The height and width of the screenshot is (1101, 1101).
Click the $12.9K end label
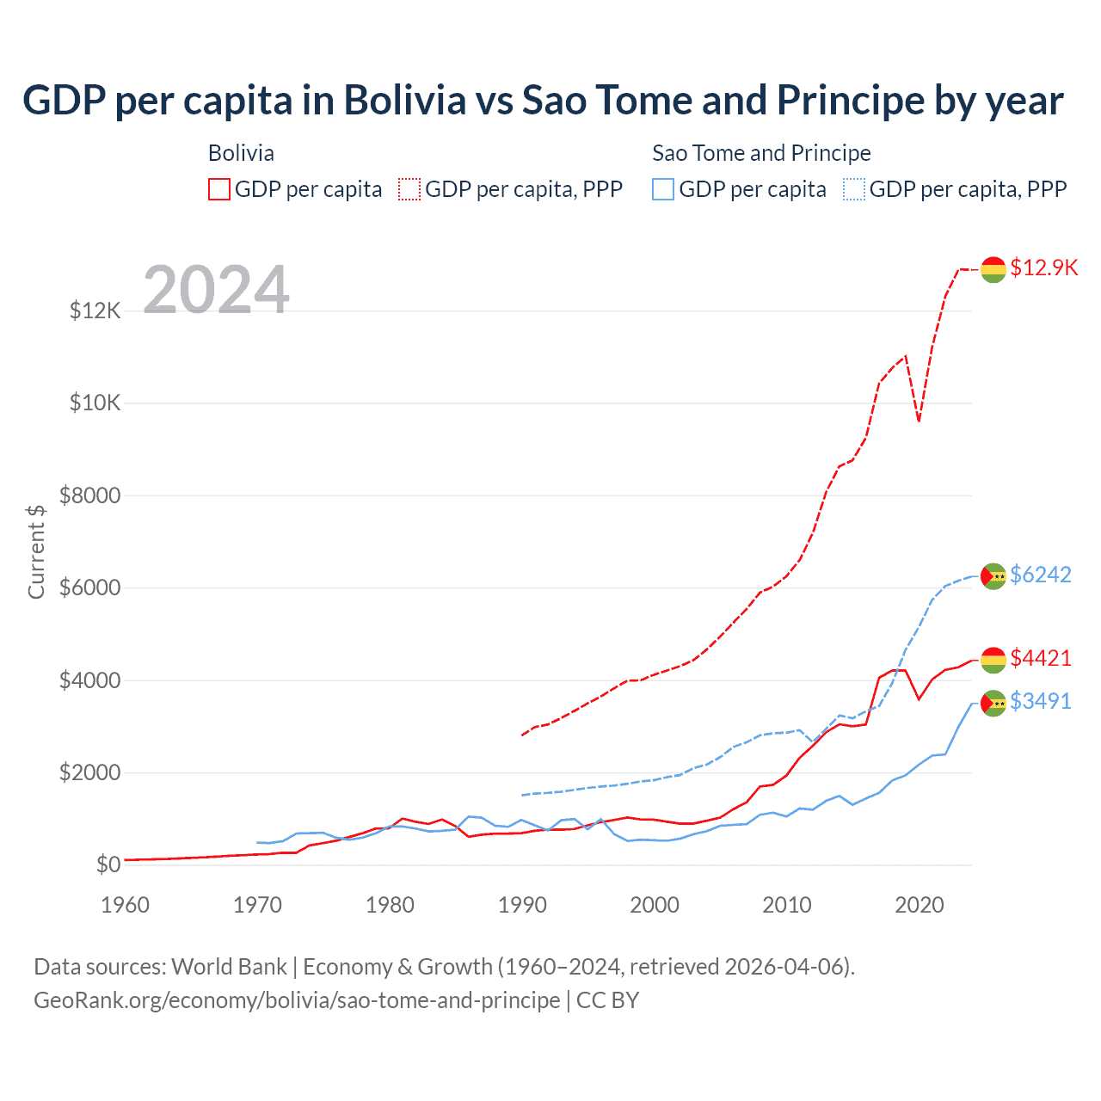1043,268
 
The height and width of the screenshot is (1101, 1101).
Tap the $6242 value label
1041,575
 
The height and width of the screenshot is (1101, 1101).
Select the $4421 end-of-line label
1041,658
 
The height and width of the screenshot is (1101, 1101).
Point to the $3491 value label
1041,701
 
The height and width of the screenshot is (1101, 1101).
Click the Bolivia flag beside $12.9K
993,269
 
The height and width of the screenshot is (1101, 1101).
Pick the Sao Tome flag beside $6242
993,576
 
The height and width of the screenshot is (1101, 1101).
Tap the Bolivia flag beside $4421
993,660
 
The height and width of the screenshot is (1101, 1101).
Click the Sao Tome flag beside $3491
993,703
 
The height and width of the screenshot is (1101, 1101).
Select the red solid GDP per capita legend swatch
219,189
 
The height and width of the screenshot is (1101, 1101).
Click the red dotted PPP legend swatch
409,189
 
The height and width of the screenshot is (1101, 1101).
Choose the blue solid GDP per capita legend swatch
663,189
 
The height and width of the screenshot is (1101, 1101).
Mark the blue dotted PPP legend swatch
854,189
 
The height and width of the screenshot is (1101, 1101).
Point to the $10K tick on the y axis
95,403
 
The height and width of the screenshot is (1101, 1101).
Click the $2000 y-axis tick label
89,772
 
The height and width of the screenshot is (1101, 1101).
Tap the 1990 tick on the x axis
522,905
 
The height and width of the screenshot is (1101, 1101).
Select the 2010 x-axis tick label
787,905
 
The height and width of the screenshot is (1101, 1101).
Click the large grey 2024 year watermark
216,290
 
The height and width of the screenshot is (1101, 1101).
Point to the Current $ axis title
36,551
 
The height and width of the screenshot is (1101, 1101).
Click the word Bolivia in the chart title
405,101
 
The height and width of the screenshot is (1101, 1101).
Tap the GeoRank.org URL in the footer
297,1000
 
